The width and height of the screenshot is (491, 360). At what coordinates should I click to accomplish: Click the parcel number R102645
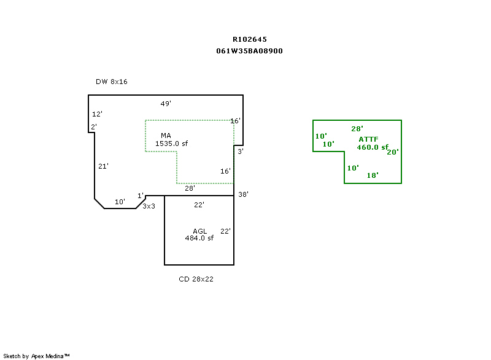tap(249, 39)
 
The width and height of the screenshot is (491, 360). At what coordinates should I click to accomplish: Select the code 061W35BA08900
tap(249, 51)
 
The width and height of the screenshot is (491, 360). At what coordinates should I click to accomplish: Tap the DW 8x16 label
tap(111, 82)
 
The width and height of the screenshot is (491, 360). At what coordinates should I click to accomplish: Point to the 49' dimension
tap(165, 104)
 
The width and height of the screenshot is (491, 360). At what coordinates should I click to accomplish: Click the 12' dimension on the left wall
tap(97, 114)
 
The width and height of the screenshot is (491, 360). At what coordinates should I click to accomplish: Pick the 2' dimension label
tap(94, 127)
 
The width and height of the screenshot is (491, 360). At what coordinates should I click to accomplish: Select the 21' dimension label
tap(103, 166)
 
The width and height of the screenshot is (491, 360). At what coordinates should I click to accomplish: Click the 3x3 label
tap(149, 206)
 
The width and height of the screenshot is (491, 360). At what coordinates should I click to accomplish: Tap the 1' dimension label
tap(141, 195)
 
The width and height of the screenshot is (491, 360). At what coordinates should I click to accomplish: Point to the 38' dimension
tap(243, 194)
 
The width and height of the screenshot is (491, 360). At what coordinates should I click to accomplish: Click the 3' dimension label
tap(241, 151)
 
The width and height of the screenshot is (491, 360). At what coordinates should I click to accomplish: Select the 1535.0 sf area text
tap(171, 144)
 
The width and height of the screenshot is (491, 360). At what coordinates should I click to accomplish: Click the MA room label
tap(166, 136)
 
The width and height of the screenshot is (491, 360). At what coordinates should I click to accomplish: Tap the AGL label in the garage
tap(200, 231)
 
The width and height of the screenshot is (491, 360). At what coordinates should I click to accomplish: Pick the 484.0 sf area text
tap(199, 238)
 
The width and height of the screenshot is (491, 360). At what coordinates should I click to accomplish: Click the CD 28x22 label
tap(196, 279)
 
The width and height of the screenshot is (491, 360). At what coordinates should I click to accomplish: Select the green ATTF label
tap(368, 140)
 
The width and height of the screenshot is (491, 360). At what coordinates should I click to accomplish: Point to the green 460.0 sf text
tap(373, 147)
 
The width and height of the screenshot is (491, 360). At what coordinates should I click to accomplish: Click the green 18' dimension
tap(372, 175)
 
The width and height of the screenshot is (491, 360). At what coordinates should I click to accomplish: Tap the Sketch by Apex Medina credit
tap(37, 356)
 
